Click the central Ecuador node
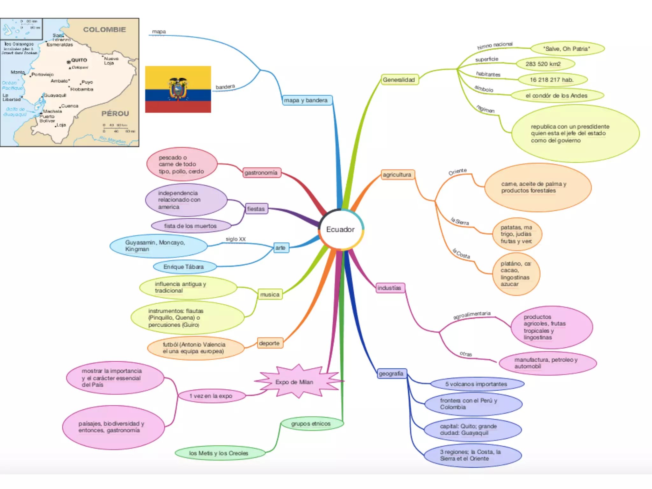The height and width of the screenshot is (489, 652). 340,230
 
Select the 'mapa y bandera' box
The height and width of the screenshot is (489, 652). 306,100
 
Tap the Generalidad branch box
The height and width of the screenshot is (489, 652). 399,80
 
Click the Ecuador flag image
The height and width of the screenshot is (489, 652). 178,89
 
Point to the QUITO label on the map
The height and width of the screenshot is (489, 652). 79,60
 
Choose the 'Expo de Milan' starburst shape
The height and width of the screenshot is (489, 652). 294,382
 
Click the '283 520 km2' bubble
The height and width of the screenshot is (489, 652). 545,64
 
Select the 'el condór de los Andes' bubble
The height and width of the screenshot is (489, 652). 556,96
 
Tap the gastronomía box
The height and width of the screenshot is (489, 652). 261,173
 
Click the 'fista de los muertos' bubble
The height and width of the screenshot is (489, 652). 191,226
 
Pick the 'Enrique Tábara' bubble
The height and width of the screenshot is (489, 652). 184,267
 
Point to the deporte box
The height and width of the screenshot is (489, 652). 269,343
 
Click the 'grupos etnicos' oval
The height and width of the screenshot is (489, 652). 311,424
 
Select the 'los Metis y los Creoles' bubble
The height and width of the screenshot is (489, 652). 219,453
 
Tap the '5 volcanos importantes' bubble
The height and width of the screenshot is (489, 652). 476,384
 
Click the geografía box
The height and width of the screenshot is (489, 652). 391,373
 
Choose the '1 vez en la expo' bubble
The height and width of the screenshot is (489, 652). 211,396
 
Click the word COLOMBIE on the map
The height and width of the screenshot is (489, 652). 104,30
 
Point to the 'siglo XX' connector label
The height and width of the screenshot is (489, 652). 236,239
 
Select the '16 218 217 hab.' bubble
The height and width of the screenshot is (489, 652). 552,80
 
